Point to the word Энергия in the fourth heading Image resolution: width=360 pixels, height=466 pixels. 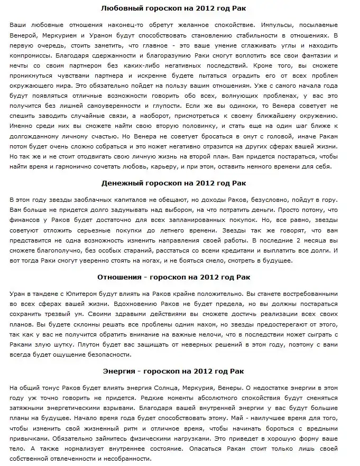(120, 371)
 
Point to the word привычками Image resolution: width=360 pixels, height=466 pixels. (33, 438)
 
